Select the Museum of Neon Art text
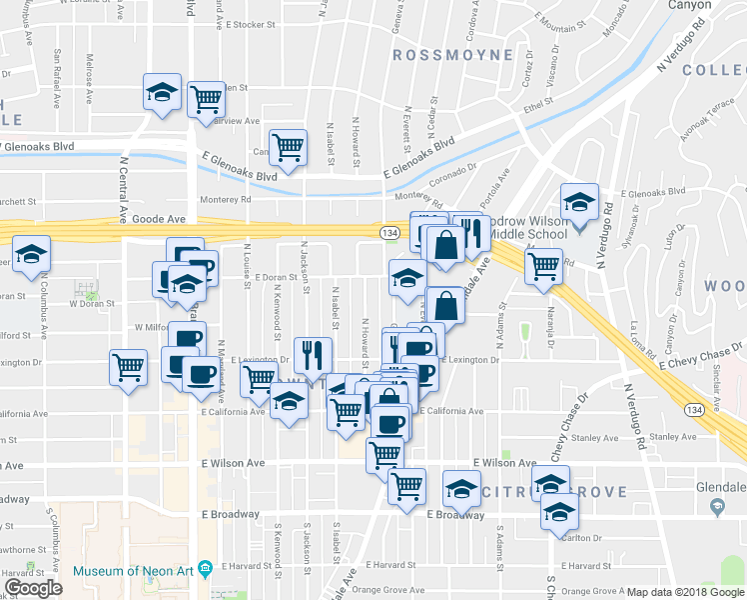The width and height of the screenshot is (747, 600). [x=134, y=572]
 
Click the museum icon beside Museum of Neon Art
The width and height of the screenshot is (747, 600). [x=206, y=569]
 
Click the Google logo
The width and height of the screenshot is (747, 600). [x=34, y=588]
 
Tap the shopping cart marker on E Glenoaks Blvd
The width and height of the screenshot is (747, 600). [x=288, y=147]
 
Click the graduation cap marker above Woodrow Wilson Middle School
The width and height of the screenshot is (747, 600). [x=578, y=202]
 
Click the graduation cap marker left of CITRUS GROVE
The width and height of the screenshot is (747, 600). [x=461, y=489]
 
